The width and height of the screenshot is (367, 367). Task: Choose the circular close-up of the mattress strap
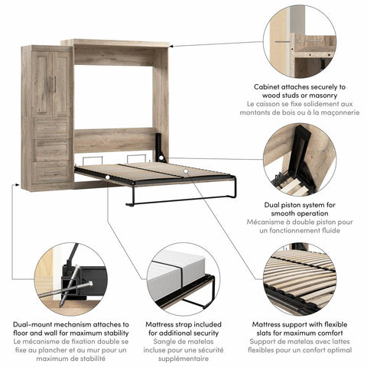[179, 280]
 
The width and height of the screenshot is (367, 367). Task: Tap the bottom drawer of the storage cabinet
[51, 170]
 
